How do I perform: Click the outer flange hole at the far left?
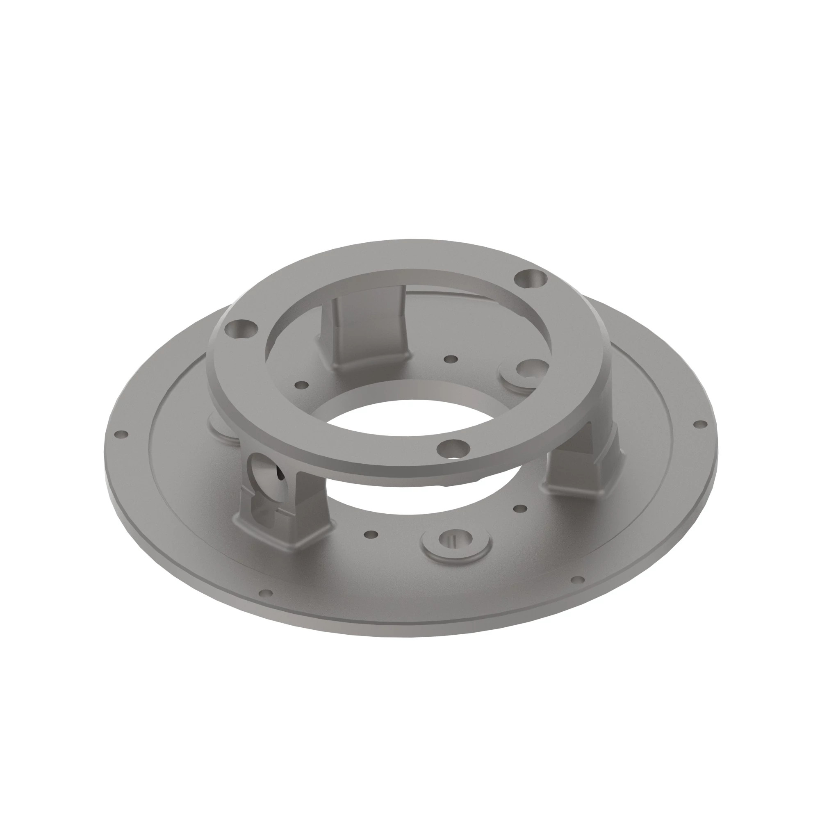coord(122,434)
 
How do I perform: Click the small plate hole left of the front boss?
coord(372,534)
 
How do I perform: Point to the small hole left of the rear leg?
coord(302,385)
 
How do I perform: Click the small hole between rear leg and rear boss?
coord(451,359)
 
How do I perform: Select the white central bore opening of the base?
coord(408,429)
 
